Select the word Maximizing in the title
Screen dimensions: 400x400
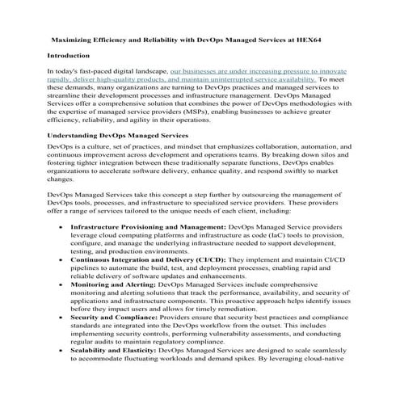tap(74, 37)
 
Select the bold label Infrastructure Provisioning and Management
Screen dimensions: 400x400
tap(137, 228)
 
